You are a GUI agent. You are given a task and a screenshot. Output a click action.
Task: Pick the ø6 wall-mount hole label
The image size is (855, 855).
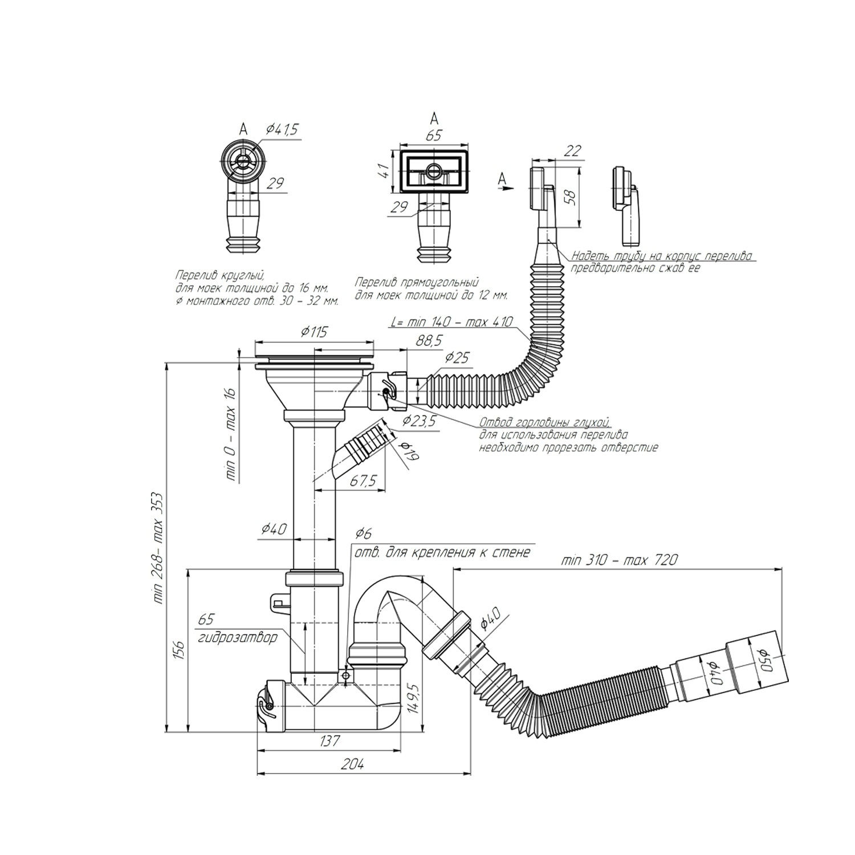[x=363, y=534]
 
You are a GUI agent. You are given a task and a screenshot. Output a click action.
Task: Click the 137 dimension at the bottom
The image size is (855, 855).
[x=329, y=740]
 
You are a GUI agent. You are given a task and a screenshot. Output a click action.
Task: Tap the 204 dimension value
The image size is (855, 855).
[x=352, y=764]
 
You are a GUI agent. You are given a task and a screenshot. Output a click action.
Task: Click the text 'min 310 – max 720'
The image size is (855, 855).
[x=619, y=560]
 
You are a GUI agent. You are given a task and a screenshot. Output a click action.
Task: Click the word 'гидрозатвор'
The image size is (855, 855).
[x=238, y=637]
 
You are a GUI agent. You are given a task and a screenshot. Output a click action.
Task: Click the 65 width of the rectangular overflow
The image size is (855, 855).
[x=434, y=136]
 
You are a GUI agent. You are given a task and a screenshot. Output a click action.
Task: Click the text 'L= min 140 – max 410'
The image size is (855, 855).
[x=452, y=321]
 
